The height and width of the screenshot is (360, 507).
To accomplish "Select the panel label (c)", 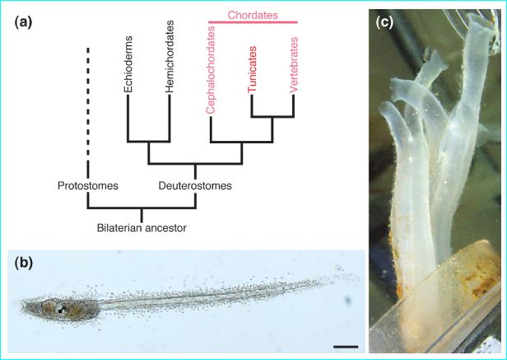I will pos(384,23).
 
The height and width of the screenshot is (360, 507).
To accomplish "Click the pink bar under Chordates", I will pos(252,22).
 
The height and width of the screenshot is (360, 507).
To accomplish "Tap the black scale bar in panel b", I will pos(347,347).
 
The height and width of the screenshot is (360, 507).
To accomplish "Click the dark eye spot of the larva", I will pos(60,310).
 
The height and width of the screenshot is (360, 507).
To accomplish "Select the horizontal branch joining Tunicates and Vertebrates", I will pos(272,117).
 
